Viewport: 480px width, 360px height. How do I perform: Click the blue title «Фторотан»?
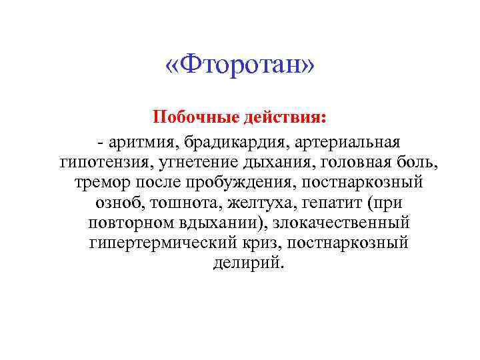[x=239, y=66]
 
